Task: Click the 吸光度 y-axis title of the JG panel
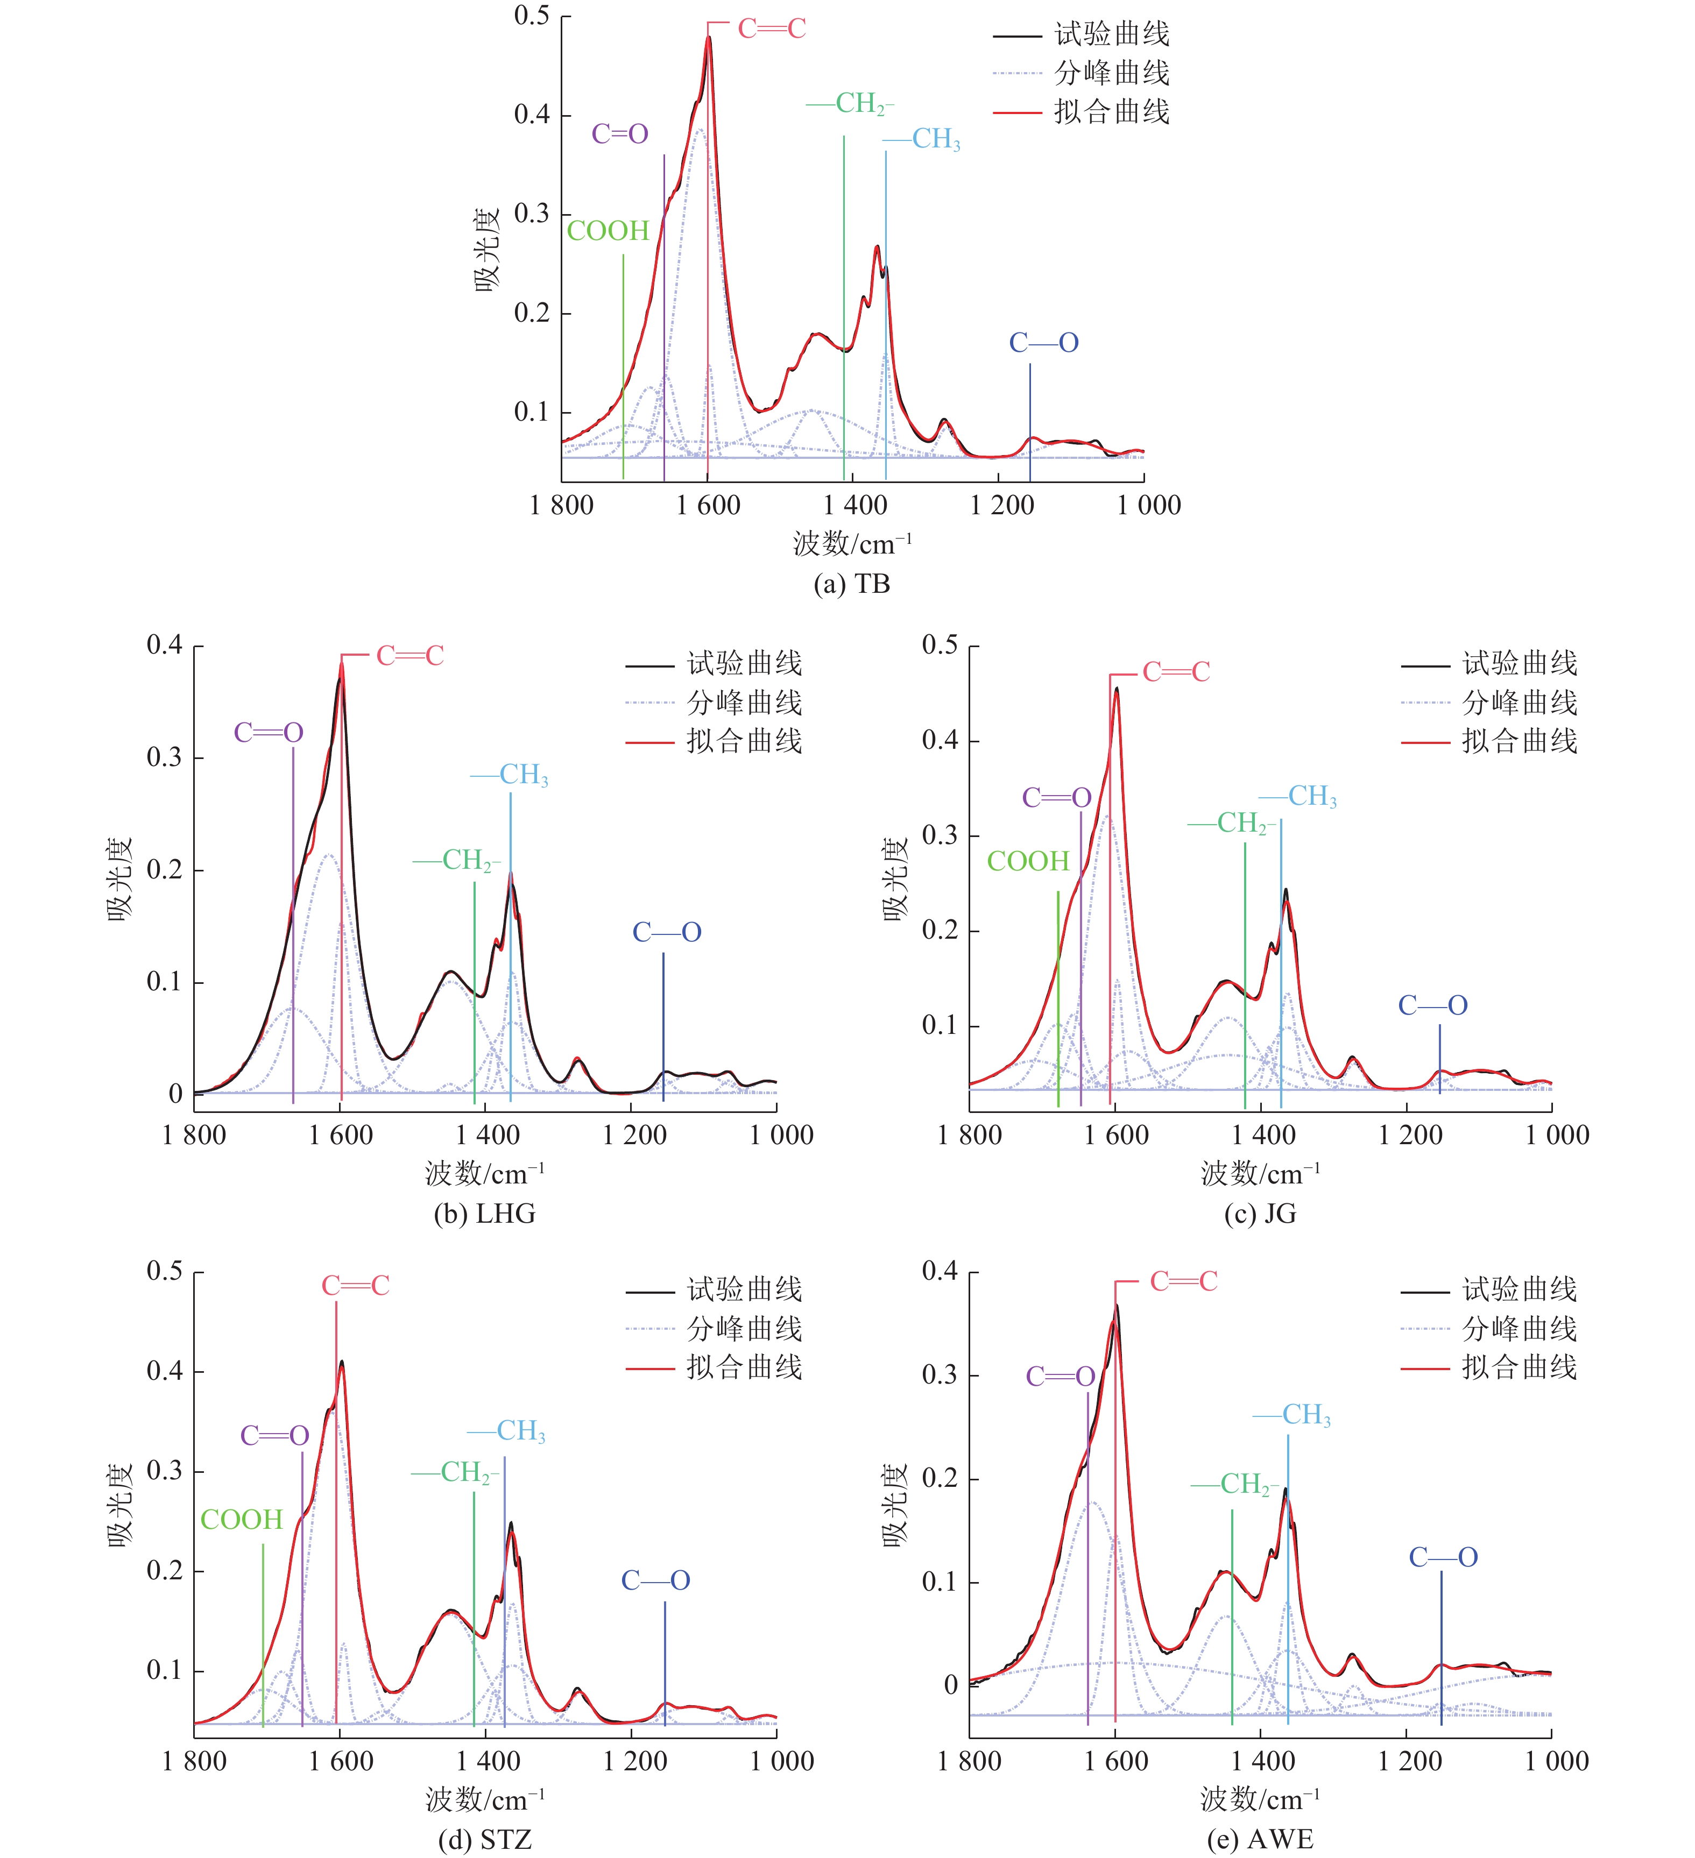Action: (x=896, y=879)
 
